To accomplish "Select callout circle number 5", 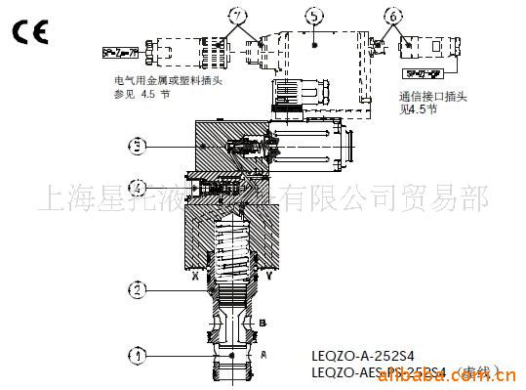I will (311, 16).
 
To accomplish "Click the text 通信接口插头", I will (426, 97).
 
